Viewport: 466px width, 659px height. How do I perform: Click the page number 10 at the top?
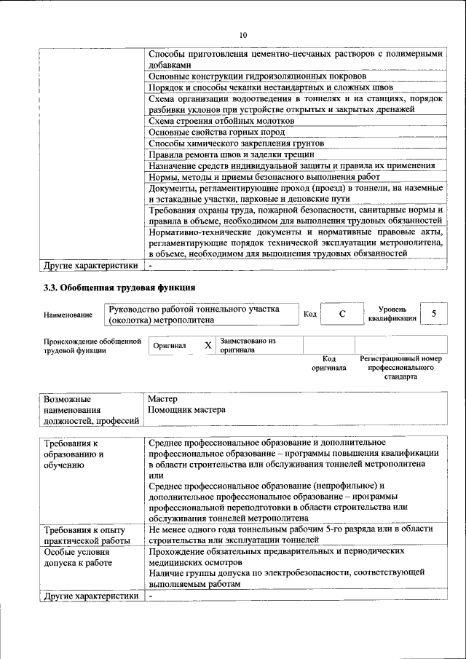point(243,34)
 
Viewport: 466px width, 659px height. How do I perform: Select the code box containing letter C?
point(341,314)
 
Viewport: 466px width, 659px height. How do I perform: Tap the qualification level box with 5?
point(434,314)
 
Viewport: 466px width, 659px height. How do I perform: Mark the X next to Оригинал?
point(208,345)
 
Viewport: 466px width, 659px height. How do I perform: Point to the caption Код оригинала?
point(328,363)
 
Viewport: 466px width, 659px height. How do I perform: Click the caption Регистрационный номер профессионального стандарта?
point(400,368)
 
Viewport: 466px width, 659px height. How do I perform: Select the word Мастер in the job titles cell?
point(162,399)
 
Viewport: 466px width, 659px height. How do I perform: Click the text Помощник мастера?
point(186,410)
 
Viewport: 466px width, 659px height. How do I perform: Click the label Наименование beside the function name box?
point(68,315)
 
